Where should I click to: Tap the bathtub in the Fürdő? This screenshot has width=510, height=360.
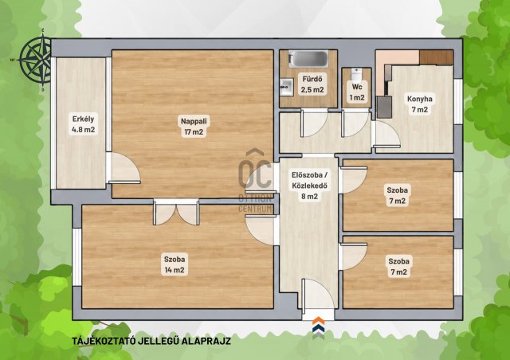[x=308, y=59]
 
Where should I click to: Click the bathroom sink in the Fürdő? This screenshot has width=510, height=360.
[x=286, y=87]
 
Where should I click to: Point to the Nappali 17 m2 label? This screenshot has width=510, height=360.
[x=194, y=127]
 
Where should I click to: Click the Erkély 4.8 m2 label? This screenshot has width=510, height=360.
[x=83, y=124]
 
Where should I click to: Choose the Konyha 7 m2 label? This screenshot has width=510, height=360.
[x=420, y=104]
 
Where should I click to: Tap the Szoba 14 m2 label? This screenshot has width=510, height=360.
[x=175, y=264]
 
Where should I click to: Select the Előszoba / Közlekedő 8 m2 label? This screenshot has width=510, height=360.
[x=309, y=186]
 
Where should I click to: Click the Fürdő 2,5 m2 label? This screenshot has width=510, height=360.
[x=312, y=84]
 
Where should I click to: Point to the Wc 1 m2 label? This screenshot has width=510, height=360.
[x=357, y=92]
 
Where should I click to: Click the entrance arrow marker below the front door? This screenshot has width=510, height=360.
[x=318, y=327]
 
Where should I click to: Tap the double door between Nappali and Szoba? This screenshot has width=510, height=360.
[x=176, y=212]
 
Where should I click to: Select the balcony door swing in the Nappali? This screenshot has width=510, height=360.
[x=124, y=168]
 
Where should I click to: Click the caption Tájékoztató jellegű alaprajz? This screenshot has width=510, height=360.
[x=151, y=341]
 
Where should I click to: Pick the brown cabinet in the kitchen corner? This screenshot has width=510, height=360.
[x=436, y=57]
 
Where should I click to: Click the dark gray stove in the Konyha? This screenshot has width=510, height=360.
[x=384, y=107]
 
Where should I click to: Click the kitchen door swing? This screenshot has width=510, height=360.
[x=386, y=134]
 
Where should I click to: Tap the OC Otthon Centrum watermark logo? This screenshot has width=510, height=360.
[x=256, y=181]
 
